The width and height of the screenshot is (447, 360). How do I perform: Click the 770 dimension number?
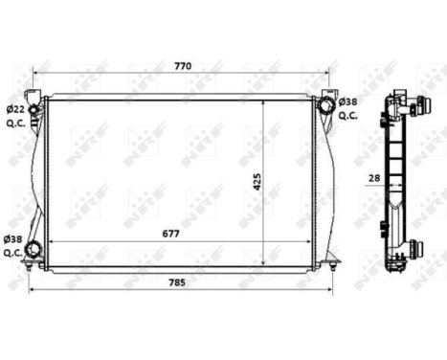tap(182, 66)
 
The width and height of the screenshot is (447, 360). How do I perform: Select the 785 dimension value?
tap(182, 281)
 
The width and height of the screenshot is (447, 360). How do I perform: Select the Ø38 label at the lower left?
tap(13, 238)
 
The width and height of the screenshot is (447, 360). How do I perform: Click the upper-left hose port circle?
tap(35, 108)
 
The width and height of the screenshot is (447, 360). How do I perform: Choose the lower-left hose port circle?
tap(34, 251)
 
